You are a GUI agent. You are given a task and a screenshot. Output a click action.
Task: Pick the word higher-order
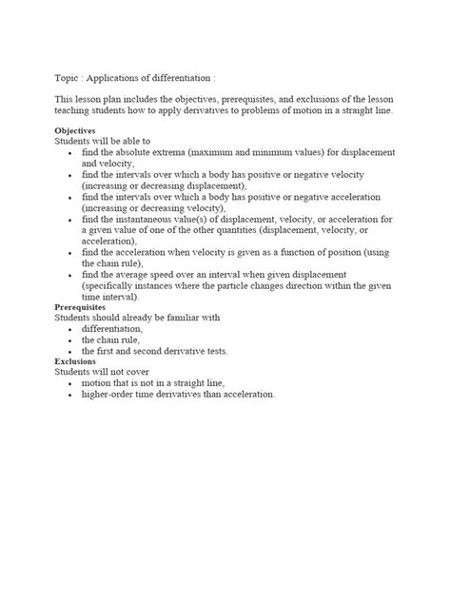coord(109,394)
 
